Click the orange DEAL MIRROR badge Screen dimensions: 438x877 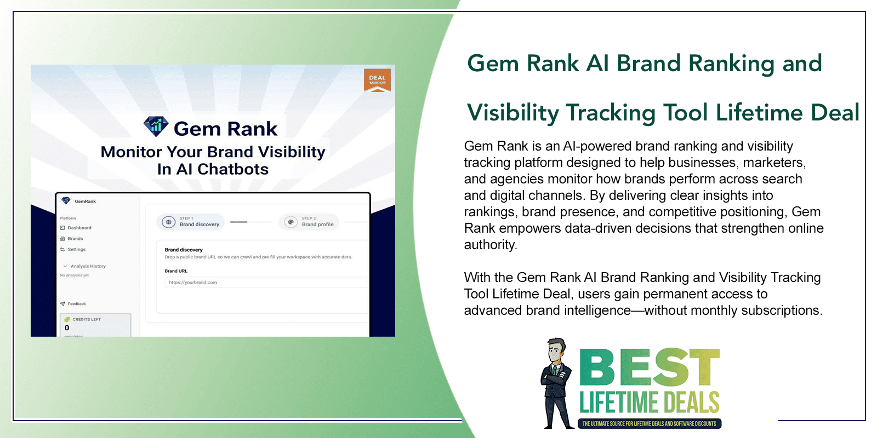click(x=377, y=79)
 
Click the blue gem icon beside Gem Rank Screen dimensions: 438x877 click(x=156, y=127)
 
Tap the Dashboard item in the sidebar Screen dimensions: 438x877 click(x=79, y=228)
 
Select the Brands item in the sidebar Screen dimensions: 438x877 click(x=75, y=239)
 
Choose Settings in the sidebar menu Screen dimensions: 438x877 click(x=76, y=250)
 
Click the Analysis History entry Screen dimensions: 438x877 click(x=88, y=266)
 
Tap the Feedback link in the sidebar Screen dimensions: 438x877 click(x=76, y=304)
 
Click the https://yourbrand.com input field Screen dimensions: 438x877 click(x=263, y=283)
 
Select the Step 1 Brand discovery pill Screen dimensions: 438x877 click(x=191, y=222)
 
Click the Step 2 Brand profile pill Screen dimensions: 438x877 click(x=309, y=222)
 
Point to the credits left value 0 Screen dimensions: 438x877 click(x=67, y=328)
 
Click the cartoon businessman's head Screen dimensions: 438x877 click(x=557, y=350)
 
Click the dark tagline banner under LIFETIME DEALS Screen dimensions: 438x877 click(x=649, y=423)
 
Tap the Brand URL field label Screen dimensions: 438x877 click(x=176, y=271)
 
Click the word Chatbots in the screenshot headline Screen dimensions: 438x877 click(x=233, y=169)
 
